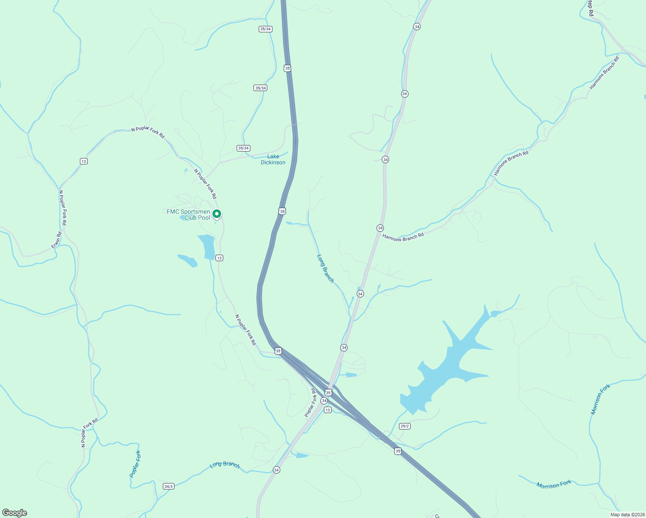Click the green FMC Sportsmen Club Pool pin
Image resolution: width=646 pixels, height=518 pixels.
[217, 214]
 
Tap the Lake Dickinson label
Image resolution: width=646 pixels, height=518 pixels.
[273, 159]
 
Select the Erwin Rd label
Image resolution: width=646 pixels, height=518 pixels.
[57, 240]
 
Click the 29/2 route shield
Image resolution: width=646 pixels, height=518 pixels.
[405, 426]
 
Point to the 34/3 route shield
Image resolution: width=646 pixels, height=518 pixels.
[168, 486]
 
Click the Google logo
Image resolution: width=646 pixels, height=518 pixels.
[15, 513]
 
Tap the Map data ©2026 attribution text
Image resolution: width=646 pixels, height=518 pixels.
[627, 515]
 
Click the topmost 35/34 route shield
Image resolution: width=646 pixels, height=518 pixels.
[265, 29]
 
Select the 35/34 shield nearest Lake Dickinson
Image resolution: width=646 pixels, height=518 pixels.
[244, 148]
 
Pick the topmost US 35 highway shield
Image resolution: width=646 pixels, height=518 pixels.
[287, 68]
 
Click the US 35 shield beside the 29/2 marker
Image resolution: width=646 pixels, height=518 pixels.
[398, 451]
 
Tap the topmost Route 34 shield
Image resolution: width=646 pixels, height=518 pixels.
[417, 27]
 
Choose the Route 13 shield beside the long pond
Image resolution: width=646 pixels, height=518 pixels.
[219, 258]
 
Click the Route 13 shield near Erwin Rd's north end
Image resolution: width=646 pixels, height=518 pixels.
[83, 161]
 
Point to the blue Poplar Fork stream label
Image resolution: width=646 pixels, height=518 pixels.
[136, 464]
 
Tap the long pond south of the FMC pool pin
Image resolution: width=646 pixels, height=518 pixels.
[207, 246]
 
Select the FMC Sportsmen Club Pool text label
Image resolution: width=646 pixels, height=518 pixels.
[189, 215]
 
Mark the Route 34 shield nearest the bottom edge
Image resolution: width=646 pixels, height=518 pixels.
[276, 470]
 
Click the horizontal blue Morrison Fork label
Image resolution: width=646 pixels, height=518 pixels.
[554, 484]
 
